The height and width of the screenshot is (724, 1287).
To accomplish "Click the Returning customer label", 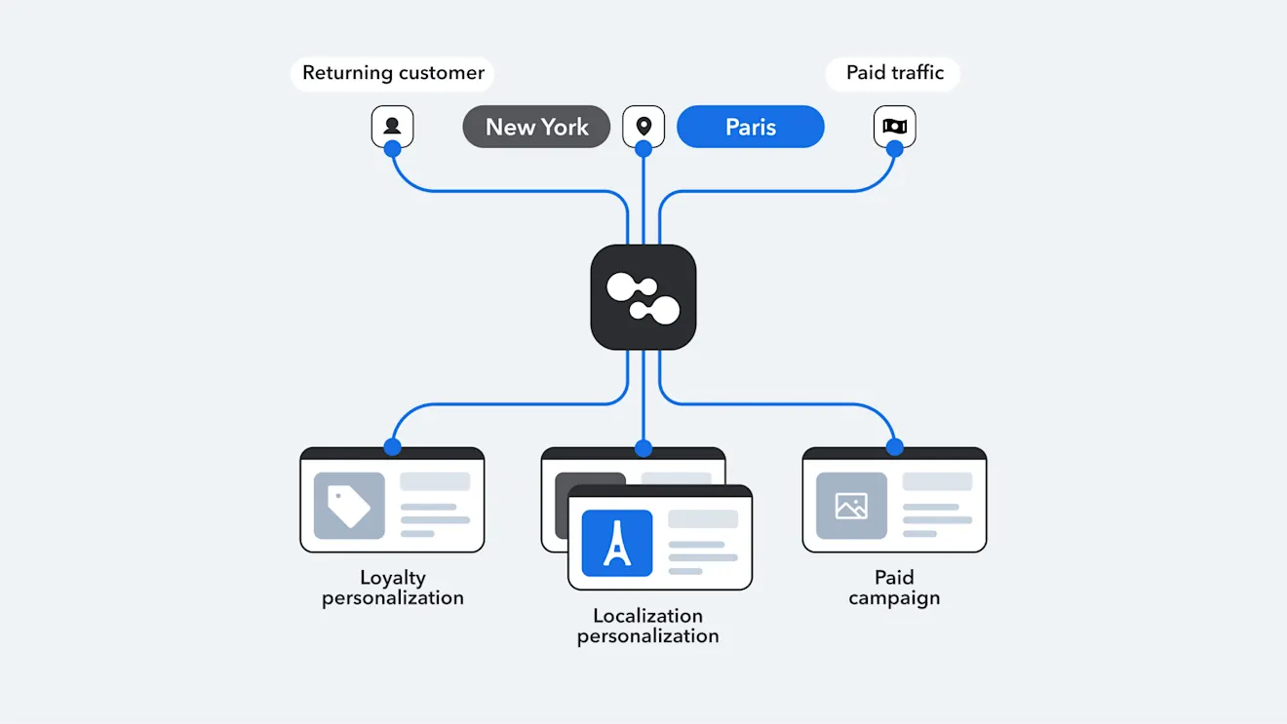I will click(393, 73).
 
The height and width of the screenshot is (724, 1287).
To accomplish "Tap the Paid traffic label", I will click(894, 73).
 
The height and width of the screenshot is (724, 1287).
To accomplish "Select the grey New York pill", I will click(536, 127).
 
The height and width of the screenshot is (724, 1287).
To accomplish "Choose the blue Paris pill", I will click(751, 127).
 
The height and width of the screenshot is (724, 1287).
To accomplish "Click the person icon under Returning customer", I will click(392, 126).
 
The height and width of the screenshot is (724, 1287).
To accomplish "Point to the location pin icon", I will click(643, 126).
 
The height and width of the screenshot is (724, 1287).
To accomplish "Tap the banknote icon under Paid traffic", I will click(894, 126).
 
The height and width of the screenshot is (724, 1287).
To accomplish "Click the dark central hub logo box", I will click(643, 297).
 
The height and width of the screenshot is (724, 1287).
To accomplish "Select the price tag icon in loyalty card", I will click(349, 506).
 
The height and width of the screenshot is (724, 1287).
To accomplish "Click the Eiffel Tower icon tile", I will click(616, 543).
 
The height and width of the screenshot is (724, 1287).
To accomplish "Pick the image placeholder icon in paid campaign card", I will click(851, 506).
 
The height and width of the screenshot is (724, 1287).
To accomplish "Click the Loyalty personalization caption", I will click(393, 588).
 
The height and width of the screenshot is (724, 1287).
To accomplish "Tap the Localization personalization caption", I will click(647, 626).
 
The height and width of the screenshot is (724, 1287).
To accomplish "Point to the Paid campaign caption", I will click(894, 588).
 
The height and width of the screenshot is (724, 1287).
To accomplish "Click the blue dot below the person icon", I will click(392, 149).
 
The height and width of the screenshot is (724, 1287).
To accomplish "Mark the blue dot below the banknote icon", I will click(894, 149).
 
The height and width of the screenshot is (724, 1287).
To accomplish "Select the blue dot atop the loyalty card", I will click(392, 447).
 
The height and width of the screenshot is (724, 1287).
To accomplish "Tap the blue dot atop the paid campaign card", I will click(894, 447).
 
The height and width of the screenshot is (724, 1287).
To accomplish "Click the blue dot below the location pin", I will click(643, 149).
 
